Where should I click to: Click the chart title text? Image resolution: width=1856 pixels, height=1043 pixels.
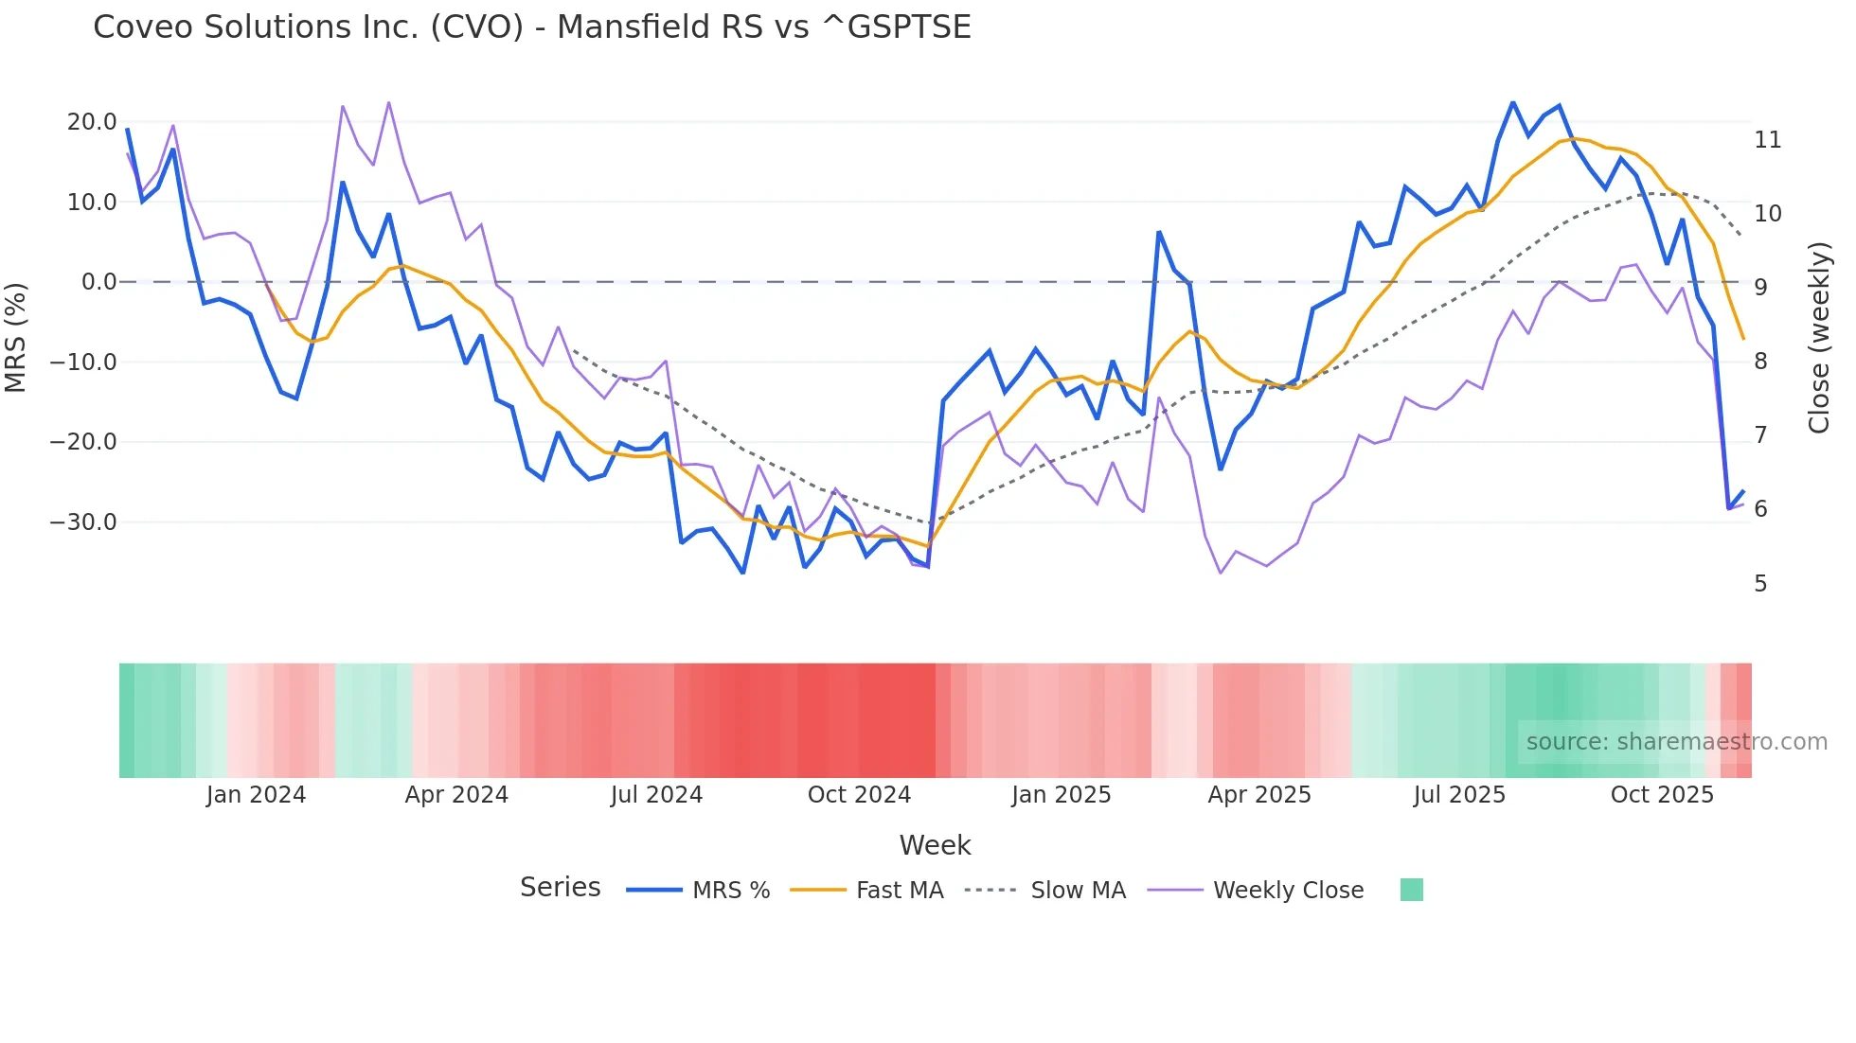click(532, 27)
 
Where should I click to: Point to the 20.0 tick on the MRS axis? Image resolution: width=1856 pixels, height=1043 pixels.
click(92, 122)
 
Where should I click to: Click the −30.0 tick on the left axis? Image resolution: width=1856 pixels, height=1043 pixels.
click(83, 522)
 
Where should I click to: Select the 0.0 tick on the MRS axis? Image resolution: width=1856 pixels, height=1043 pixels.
click(98, 282)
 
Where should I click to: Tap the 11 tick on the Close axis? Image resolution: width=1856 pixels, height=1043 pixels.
click(1767, 140)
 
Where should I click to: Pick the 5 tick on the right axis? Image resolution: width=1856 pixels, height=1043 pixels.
click(1760, 584)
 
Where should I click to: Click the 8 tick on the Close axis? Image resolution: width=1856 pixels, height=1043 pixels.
click(1760, 362)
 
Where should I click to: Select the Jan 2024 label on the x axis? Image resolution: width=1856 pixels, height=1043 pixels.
click(256, 795)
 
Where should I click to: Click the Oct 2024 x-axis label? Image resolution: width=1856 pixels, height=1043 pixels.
click(859, 795)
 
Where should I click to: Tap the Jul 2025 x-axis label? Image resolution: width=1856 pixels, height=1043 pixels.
click(1459, 795)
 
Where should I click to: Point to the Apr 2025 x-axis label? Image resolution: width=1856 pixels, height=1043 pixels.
click(1259, 795)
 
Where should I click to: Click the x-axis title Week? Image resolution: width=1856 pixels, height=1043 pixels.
click(935, 845)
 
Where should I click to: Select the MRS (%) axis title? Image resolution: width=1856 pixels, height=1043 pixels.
click(16, 337)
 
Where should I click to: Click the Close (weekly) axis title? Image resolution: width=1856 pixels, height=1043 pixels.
click(1819, 337)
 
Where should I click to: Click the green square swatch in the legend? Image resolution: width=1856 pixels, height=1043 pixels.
click(1411, 890)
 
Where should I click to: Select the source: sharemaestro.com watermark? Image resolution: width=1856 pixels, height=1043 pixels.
click(1676, 742)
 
